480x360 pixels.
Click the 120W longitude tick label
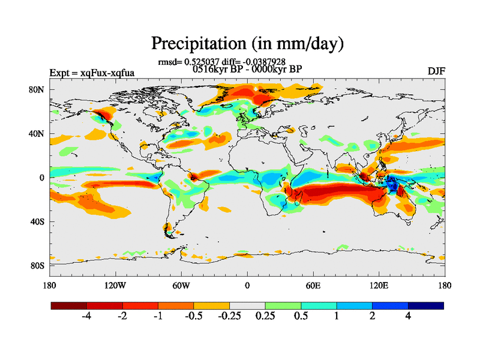point(115,286)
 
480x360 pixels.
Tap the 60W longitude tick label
point(181,286)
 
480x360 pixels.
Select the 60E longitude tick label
point(313,286)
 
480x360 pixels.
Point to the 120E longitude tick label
point(379,286)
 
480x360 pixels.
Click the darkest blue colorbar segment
point(426,305)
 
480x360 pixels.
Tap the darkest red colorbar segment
point(69,305)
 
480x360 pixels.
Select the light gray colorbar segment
point(247,305)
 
